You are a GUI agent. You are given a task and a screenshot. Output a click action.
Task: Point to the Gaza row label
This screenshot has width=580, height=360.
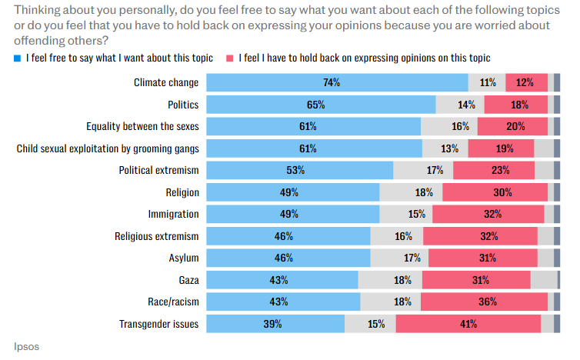[186, 280]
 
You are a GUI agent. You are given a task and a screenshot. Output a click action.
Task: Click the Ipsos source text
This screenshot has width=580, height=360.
[26, 346]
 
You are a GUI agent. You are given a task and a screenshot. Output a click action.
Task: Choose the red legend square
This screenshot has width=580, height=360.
[230, 58]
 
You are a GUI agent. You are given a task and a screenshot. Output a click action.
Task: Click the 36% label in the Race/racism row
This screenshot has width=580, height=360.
[486, 302]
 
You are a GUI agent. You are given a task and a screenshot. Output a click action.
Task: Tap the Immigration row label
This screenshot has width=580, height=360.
[173, 214]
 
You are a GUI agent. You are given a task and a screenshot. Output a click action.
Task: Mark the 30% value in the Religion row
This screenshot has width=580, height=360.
[495, 192]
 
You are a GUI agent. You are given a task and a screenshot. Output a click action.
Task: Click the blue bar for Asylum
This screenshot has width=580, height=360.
[288, 258]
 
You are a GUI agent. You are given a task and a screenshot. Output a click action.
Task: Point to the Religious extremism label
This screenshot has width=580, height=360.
[157, 236]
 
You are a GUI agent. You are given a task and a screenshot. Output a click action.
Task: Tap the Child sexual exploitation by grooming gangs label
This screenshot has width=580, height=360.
[108, 148]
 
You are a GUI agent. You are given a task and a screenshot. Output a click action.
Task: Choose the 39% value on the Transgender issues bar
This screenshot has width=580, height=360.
[272, 324]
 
